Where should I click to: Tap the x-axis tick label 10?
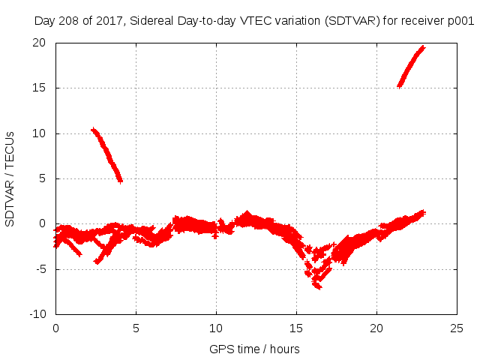(216, 328)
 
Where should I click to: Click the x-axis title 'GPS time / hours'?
(255, 349)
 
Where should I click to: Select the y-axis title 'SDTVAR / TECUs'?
(10, 178)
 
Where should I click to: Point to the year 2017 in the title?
(107, 22)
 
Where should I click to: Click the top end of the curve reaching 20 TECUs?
(423, 46)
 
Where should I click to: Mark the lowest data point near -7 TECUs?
(319, 286)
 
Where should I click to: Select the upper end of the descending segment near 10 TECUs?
(93, 130)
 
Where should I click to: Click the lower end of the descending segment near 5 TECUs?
(120, 181)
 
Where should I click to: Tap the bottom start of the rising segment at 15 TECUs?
(399, 86)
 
